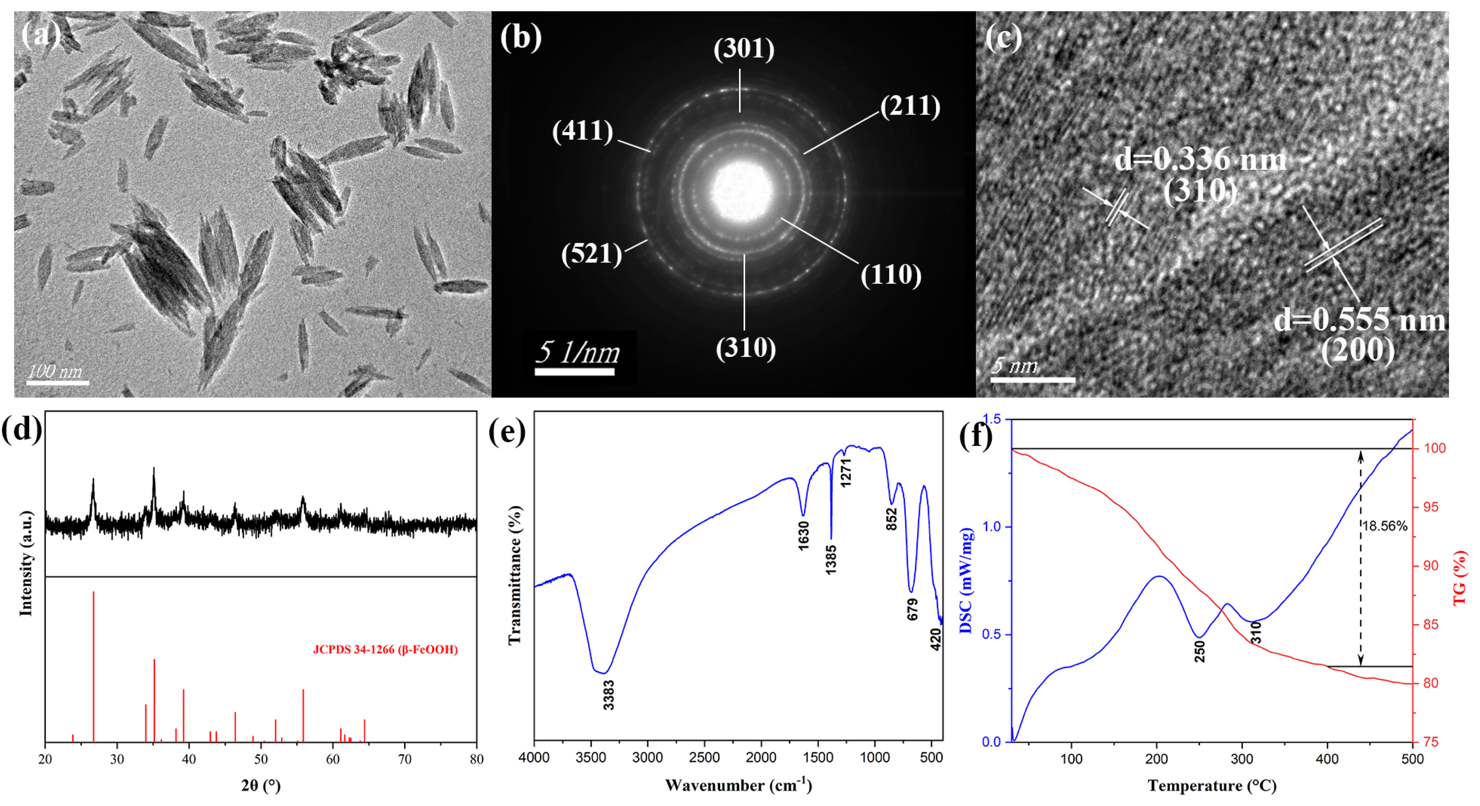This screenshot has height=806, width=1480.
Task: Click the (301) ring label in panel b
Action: coord(744,49)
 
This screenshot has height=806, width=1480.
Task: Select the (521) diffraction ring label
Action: coord(591,254)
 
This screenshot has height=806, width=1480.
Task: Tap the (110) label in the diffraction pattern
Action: coord(891,275)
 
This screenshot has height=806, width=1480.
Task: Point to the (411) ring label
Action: coord(583,131)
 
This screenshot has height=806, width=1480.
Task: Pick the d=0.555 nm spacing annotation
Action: coord(1360,320)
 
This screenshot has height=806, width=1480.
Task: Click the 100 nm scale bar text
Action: coord(55,371)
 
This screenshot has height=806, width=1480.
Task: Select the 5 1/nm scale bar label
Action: coord(577,352)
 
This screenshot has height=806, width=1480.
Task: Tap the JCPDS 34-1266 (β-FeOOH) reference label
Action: coord(385,650)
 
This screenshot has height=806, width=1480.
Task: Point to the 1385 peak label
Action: coord(831,560)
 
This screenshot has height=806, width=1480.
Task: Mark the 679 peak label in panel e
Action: coord(912,610)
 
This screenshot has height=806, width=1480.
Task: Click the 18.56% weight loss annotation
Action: coord(1385,526)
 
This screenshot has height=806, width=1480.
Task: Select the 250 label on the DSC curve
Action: coord(1199,651)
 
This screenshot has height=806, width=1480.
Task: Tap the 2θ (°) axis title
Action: coord(261,785)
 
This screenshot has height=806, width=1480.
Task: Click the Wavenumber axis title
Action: coord(738,785)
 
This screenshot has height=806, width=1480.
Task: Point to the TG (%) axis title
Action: coord(1460,577)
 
